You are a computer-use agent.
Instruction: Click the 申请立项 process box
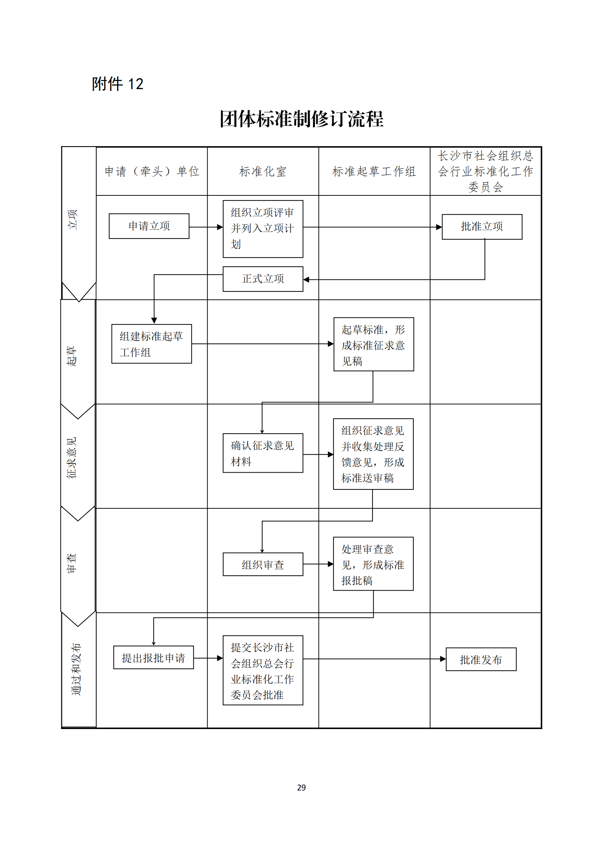tap(149, 226)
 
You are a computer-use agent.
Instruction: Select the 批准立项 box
tap(482, 226)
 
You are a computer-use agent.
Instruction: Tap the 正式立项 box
tap(263, 279)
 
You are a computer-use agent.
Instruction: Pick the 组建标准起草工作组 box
tap(152, 344)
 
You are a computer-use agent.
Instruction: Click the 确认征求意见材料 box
tap(263, 453)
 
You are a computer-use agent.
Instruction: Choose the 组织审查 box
tap(263, 564)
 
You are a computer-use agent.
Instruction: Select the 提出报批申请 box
tap(154, 657)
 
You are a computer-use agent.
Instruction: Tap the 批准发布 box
tap(481, 659)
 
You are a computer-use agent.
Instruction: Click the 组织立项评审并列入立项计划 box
tap(263, 229)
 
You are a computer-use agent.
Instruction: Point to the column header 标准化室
tap(263, 171)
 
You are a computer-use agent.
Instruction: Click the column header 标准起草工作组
tap(374, 171)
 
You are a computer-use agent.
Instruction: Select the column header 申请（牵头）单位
tap(152, 171)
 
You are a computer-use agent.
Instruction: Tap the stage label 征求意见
tap(72, 457)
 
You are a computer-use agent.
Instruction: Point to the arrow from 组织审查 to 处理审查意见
tap(318, 564)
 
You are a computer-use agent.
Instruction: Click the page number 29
tap(301, 788)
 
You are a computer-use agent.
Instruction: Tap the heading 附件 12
tap(117, 84)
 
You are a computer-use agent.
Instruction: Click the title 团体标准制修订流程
tap(301, 119)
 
